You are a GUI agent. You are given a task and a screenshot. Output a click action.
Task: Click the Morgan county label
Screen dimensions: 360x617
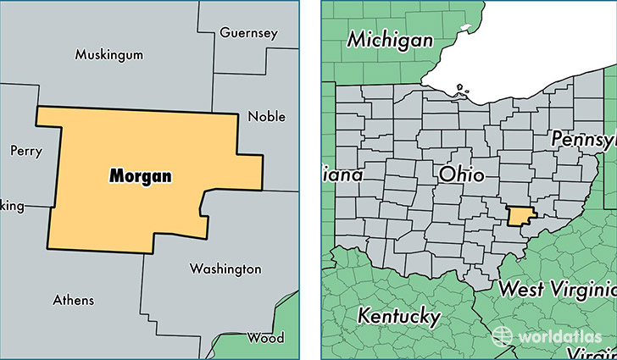(140, 176)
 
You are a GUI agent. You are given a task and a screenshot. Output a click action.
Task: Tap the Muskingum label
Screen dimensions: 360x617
(108, 54)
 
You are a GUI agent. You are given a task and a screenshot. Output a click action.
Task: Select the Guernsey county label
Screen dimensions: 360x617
(248, 33)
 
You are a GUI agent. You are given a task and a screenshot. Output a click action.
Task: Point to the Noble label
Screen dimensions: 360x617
(265, 116)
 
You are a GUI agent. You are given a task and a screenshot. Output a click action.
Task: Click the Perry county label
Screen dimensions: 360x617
(25, 150)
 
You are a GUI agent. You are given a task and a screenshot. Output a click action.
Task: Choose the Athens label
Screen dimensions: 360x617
(74, 300)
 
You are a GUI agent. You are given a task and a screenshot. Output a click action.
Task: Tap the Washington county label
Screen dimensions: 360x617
(225, 269)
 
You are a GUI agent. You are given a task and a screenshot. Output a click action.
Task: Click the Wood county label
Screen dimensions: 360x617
(265, 337)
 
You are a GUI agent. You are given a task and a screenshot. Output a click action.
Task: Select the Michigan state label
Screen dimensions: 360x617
(391, 39)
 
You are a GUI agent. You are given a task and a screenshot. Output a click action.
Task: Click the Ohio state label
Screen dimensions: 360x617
(462, 175)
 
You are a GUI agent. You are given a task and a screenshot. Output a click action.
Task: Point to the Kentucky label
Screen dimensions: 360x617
(399, 317)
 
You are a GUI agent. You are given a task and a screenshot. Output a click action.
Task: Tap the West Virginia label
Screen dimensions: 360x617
(556, 288)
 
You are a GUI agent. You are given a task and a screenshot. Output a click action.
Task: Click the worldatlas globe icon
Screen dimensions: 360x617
(503, 335)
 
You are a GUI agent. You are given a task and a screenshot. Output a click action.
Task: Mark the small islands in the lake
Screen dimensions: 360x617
(459, 87)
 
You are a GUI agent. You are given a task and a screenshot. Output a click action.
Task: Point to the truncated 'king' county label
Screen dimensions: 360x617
(12, 206)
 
